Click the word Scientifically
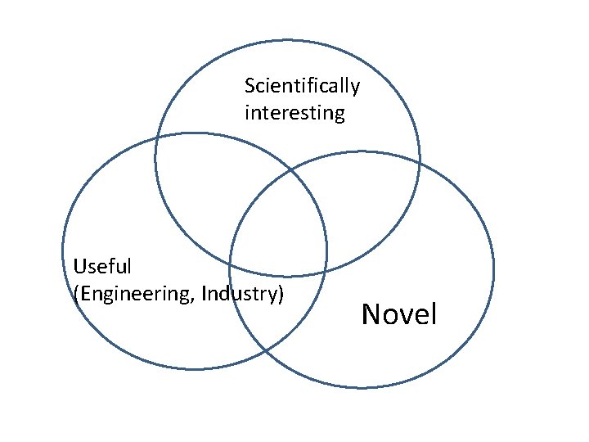[x=302, y=86]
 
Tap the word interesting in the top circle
[x=294, y=113]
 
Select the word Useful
[x=102, y=266]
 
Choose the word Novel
[x=399, y=313]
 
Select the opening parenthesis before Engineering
[x=76, y=293]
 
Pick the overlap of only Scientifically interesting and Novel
[x=368, y=209]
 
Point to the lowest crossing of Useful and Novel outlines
[x=266, y=351]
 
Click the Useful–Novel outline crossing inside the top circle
[x=290, y=170]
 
